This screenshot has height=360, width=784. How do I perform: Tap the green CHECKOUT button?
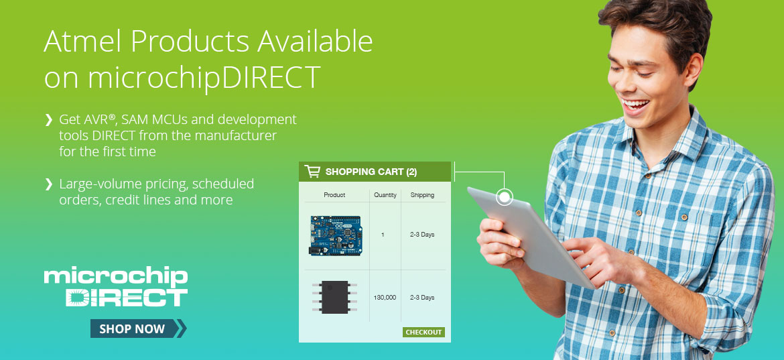423,332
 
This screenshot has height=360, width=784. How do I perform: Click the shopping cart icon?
312,172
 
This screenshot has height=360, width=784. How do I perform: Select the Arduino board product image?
335,235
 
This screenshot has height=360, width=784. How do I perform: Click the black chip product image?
334,297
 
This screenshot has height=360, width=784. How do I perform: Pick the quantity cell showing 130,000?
385,297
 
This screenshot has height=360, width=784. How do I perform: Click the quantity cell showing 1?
383,235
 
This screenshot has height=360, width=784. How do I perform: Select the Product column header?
334,195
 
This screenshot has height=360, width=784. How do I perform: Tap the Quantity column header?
385,195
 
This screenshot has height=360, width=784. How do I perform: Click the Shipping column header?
422,195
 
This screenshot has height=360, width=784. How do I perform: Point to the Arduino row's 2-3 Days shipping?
422,235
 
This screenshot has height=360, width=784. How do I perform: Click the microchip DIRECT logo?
116,287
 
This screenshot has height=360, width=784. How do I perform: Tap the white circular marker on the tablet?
505,197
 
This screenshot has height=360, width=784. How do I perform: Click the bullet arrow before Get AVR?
48,120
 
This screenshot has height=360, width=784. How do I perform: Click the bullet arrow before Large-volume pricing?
48,184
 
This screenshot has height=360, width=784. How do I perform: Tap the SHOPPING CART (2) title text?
371,172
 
